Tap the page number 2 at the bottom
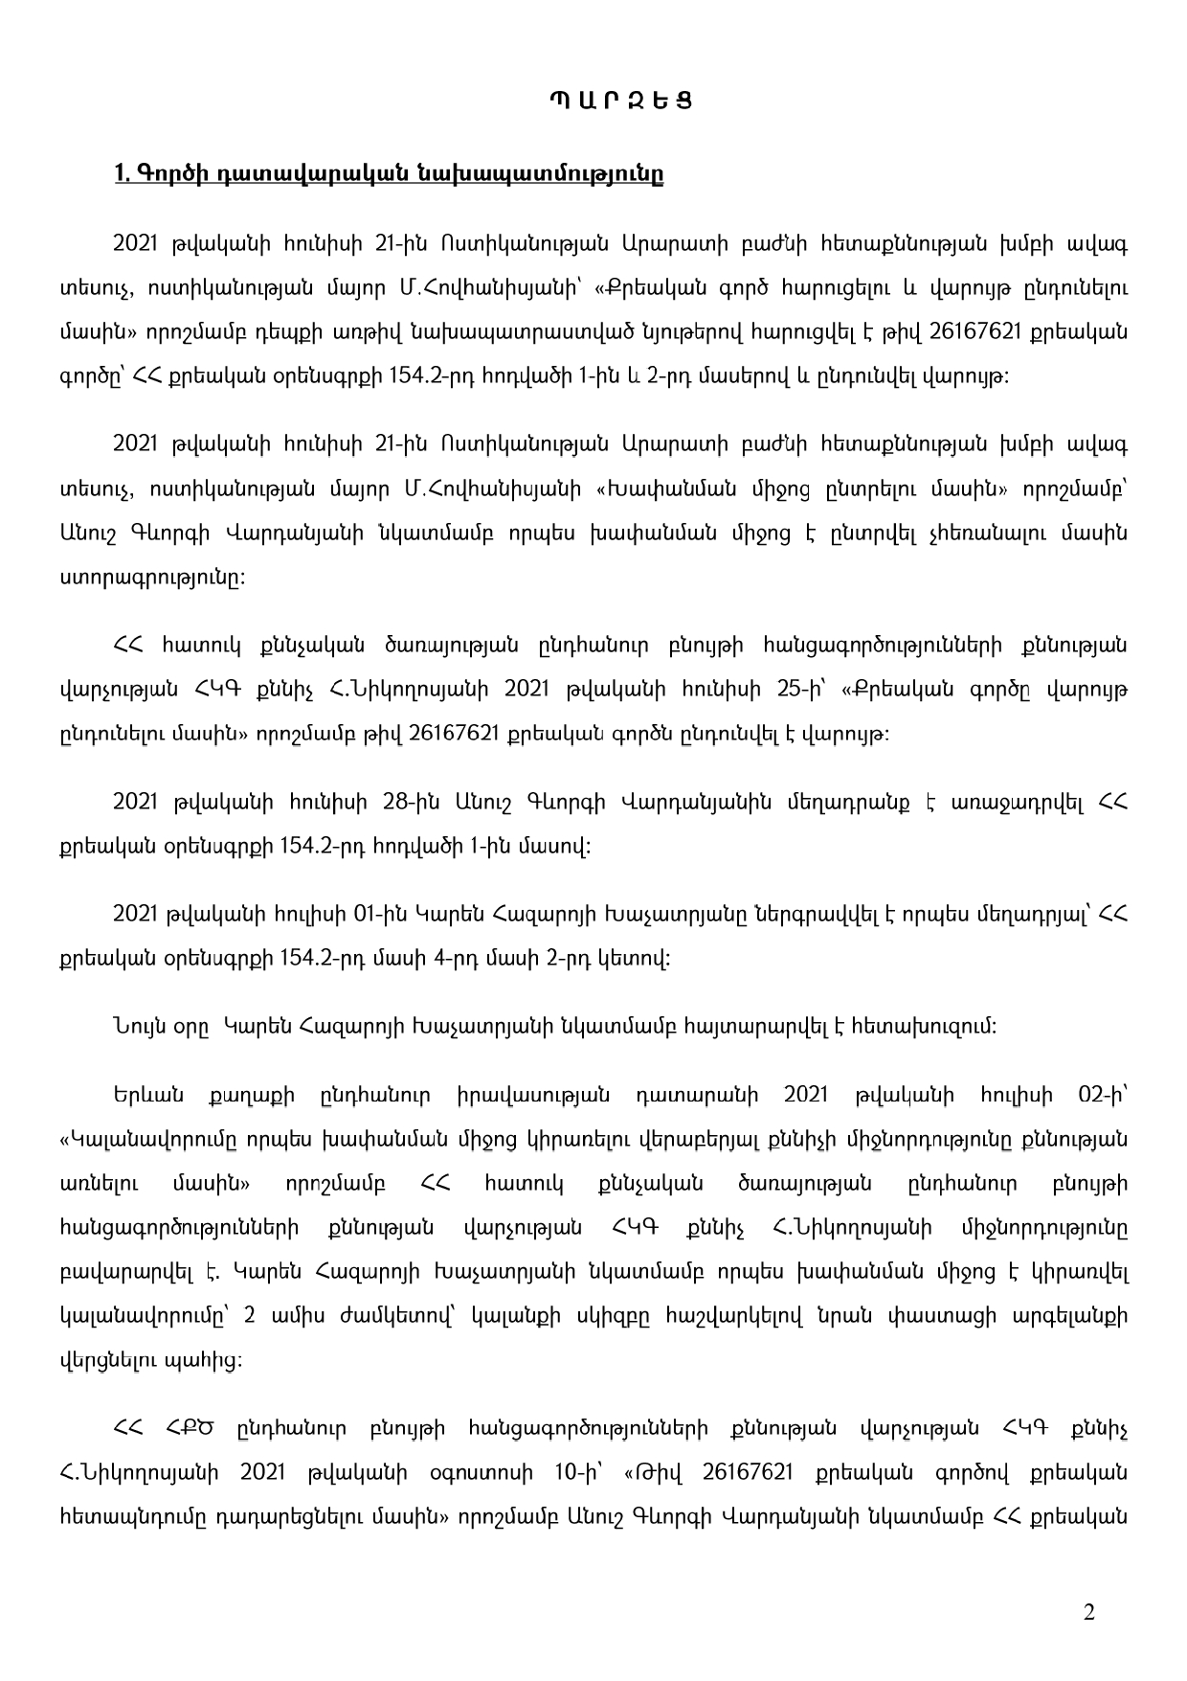(x=1088, y=1612)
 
